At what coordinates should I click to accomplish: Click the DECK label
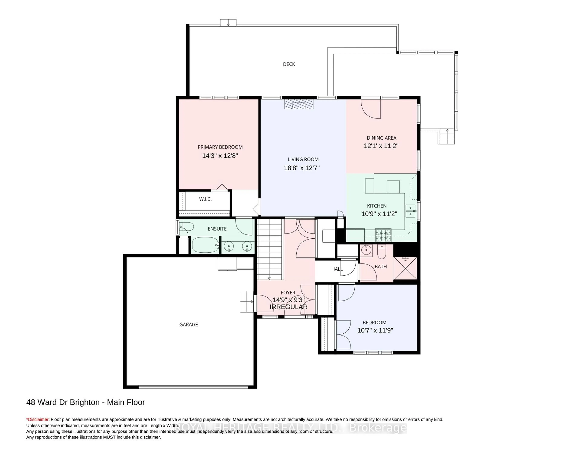(x=289, y=64)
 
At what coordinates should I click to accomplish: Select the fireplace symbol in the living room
(x=299, y=104)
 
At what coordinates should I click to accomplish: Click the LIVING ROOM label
(x=303, y=159)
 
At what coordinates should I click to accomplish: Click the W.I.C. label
(x=205, y=199)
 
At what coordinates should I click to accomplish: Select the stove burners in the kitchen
(x=383, y=235)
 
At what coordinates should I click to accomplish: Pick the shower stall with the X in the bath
(x=405, y=268)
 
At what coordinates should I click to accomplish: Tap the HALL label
(x=337, y=269)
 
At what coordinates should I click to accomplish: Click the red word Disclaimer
(x=38, y=419)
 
